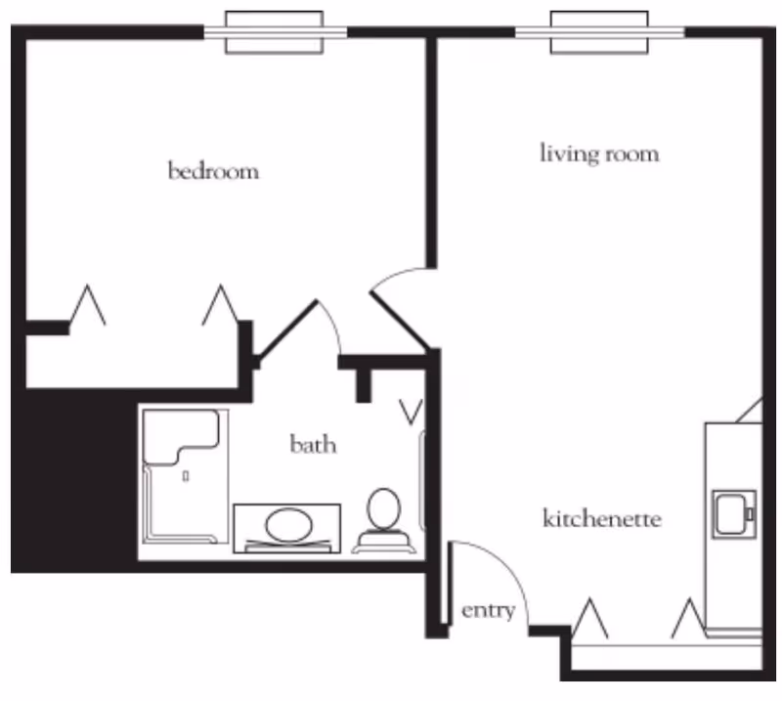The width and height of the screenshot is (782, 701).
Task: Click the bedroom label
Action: tap(214, 172)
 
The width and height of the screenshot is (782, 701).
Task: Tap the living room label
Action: tap(599, 153)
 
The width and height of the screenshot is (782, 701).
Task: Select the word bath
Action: tap(313, 445)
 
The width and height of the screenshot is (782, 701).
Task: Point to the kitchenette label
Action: tap(601, 518)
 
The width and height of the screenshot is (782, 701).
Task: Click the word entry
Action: tap(488, 611)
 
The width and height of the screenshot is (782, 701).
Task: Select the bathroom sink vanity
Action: tap(286, 528)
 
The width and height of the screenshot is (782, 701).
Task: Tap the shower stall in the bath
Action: tap(184, 476)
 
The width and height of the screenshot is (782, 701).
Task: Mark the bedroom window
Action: tap(275, 32)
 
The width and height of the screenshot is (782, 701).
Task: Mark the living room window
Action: tap(600, 32)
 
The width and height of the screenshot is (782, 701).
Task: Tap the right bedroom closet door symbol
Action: tap(220, 306)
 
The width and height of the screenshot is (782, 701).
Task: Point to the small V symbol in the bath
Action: tap(412, 412)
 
